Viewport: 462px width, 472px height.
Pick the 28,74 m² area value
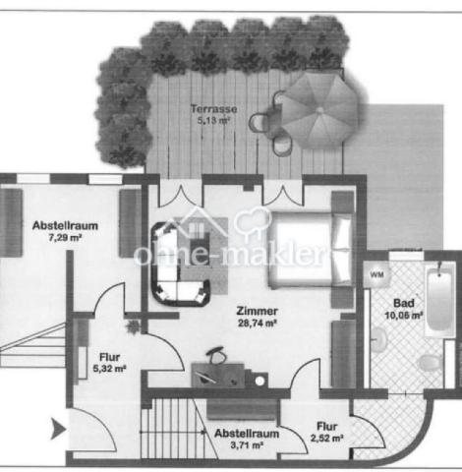pyautogui.click(x=257, y=322)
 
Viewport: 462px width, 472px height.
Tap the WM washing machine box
pyautogui.click(x=376, y=276)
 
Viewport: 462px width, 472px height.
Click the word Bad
pyautogui.click(x=403, y=303)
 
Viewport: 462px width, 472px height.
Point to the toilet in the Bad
pyautogui.click(x=428, y=364)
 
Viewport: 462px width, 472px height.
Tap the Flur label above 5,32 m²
pyautogui.click(x=109, y=358)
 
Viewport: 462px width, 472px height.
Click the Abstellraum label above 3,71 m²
pyautogui.click(x=242, y=433)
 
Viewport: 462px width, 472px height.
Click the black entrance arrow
pyautogui.click(x=58, y=428)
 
